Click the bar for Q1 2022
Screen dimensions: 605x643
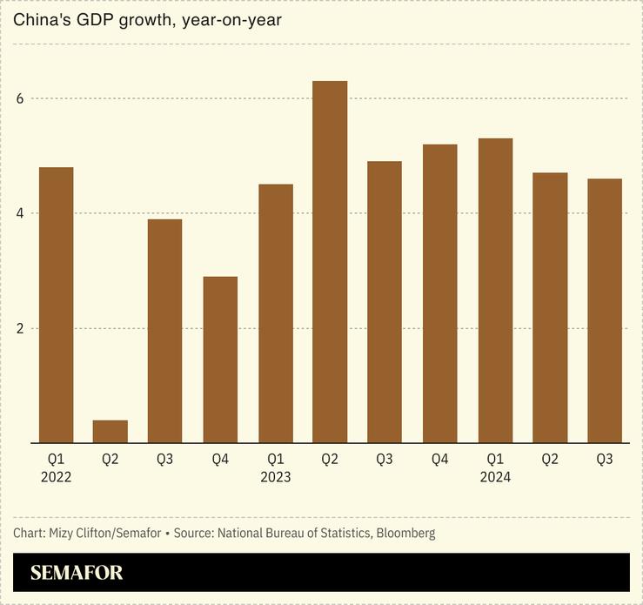tap(56, 305)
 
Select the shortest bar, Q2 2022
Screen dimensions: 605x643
tap(111, 432)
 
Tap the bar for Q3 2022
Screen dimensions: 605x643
tap(165, 331)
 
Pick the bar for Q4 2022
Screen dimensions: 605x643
tap(220, 360)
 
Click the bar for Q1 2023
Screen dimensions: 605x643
tap(276, 313)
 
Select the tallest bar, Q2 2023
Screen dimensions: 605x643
tap(330, 261)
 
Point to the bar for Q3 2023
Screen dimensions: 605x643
tap(385, 302)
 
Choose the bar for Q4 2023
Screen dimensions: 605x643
tap(440, 293)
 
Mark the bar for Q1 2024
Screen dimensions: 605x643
tap(495, 290)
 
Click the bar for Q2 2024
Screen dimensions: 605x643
tap(550, 307)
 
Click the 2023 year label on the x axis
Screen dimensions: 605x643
tap(276, 477)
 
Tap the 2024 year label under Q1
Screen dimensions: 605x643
tap(495, 477)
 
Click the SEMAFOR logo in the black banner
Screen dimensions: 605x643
tap(77, 573)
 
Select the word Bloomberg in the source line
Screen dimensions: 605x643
tap(405, 532)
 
